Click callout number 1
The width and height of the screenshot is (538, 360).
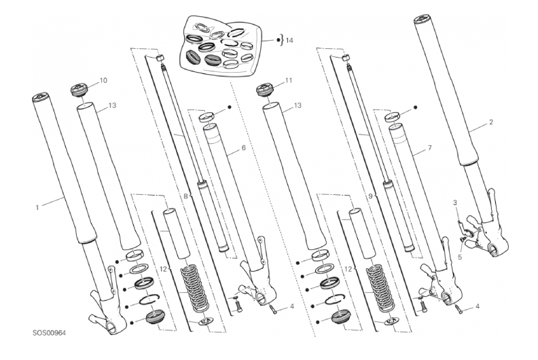pos(37,207)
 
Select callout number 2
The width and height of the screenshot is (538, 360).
pos(491,122)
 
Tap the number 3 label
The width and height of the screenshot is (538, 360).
pos(455,203)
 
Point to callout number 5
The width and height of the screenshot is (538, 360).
pos(460,256)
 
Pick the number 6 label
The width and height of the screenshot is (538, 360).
pos(244,148)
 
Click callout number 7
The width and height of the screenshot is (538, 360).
pos(429,148)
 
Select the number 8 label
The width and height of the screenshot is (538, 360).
pos(185,196)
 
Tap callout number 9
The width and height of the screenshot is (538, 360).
pos(370,196)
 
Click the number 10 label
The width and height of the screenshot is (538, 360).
pos(103,80)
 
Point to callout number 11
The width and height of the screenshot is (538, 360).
pos(289,80)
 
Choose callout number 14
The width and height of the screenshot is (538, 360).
pos(289,41)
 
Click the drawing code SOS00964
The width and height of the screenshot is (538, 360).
pos(49,333)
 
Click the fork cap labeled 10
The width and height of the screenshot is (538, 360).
pos(79,90)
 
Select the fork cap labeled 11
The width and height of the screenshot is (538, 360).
pos(266,90)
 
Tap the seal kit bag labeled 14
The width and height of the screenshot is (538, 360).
pos(221,46)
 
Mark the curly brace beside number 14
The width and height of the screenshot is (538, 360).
pos(282,40)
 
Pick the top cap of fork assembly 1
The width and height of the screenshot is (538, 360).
pos(41,98)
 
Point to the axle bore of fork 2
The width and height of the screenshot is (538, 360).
pos(492,249)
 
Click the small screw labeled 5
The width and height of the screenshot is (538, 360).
pos(462,238)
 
